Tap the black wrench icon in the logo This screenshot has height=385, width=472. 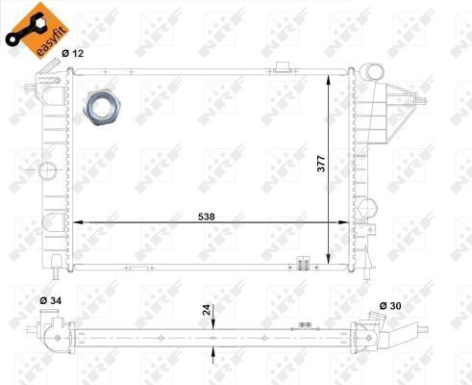pyautogui.click(x=21, y=26)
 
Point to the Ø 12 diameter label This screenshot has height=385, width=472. pyautogui.click(x=73, y=54)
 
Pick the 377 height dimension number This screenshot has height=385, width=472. pyautogui.click(x=319, y=165)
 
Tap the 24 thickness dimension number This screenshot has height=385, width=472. pyautogui.click(x=203, y=311)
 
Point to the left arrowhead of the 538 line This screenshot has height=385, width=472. pyautogui.click(x=78, y=223)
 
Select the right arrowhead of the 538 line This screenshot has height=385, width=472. pyautogui.click(x=351, y=223)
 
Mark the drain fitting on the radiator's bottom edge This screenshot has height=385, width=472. pyautogui.click(x=303, y=263)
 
